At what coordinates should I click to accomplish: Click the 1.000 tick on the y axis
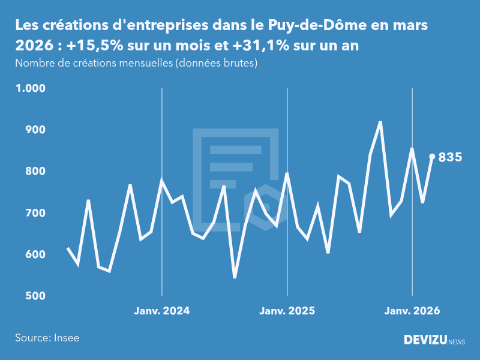pos(30,89)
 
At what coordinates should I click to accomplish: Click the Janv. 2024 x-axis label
pos(161,311)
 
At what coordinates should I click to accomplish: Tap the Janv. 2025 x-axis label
pos(287,311)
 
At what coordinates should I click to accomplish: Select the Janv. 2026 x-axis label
pos(412,311)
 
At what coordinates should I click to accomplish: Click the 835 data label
pos(450,157)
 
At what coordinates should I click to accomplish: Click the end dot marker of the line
pos(432,157)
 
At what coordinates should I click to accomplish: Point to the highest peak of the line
pos(380,122)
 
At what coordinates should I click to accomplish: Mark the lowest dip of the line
pos(235,277)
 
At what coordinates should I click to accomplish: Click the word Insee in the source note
pos(66,338)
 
